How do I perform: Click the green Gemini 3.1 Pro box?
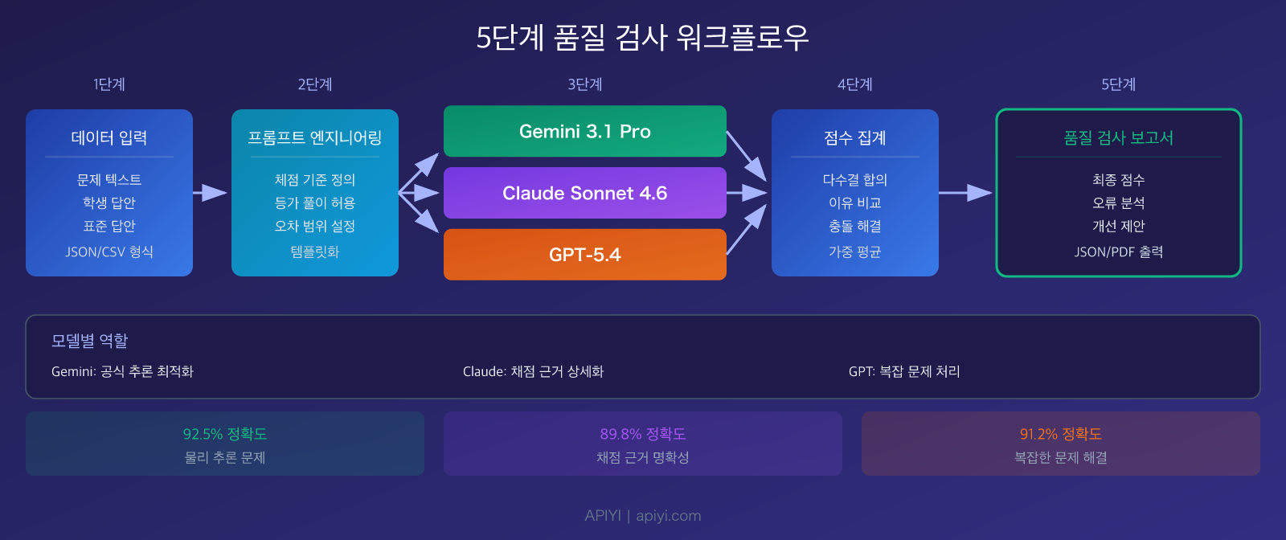click(x=585, y=131)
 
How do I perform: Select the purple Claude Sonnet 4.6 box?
click(x=585, y=193)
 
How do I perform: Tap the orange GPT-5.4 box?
click(x=585, y=254)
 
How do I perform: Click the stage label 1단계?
click(x=109, y=84)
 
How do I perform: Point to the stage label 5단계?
click(x=1118, y=84)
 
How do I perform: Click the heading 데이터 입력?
click(x=109, y=137)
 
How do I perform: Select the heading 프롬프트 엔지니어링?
click(x=314, y=137)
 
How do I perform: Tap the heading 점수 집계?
click(x=855, y=137)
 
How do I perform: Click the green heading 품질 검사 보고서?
click(x=1118, y=137)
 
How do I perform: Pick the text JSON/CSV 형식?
click(x=109, y=252)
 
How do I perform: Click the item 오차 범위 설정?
click(x=314, y=226)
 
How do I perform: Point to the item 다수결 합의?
click(x=855, y=180)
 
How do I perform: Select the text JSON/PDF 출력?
click(x=1118, y=252)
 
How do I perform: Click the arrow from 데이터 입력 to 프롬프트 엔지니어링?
click(x=210, y=193)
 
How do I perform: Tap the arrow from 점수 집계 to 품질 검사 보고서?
click(x=965, y=193)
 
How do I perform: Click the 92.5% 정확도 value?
click(x=225, y=434)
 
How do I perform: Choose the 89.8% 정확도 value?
click(x=643, y=434)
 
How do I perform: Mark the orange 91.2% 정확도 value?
click(x=1061, y=434)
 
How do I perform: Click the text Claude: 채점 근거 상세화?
click(x=534, y=371)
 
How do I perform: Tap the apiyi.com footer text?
click(x=668, y=515)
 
